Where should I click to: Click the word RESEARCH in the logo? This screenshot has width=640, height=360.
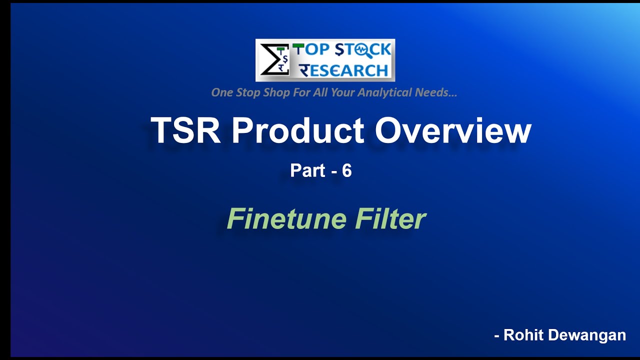[x=344, y=70]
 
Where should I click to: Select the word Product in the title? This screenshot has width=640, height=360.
[x=297, y=130]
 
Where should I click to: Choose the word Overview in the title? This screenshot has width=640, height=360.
[x=453, y=130]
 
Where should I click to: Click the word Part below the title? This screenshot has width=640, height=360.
[x=307, y=171]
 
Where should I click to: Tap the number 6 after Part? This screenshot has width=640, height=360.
[x=346, y=171]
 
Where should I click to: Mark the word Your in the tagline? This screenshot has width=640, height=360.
[x=346, y=92]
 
